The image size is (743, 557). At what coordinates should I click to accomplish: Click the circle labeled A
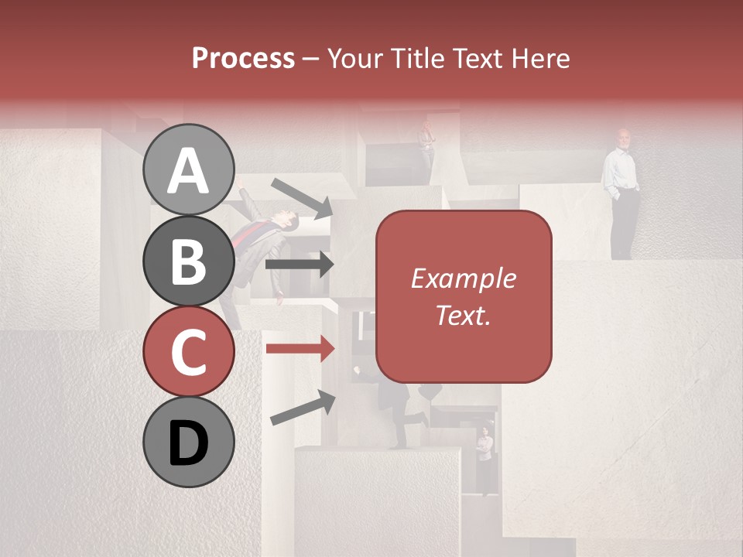click(189, 169)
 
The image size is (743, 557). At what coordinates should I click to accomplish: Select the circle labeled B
click(189, 261)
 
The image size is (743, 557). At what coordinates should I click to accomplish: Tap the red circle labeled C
click(189, 352)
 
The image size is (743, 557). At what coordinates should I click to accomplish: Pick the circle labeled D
click(189, 443)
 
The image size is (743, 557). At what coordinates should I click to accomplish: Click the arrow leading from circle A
click(302, 197)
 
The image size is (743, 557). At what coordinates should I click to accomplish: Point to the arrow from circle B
click(300, 265)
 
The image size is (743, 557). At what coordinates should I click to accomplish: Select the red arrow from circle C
click(300, 348)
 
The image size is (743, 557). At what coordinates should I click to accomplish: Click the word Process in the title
click(243, 58)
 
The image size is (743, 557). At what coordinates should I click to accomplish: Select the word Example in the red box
click(463, 278)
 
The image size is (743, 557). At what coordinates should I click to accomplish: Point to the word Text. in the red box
click(463, 315)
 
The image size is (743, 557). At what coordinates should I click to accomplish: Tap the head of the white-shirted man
click(623, 138)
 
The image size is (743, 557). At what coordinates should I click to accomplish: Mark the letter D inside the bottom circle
click(189, 443)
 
